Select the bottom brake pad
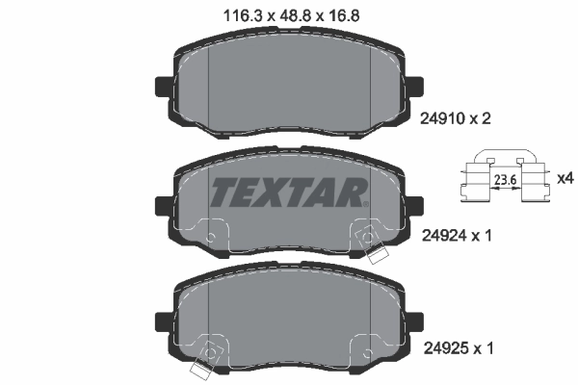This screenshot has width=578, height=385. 289,322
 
